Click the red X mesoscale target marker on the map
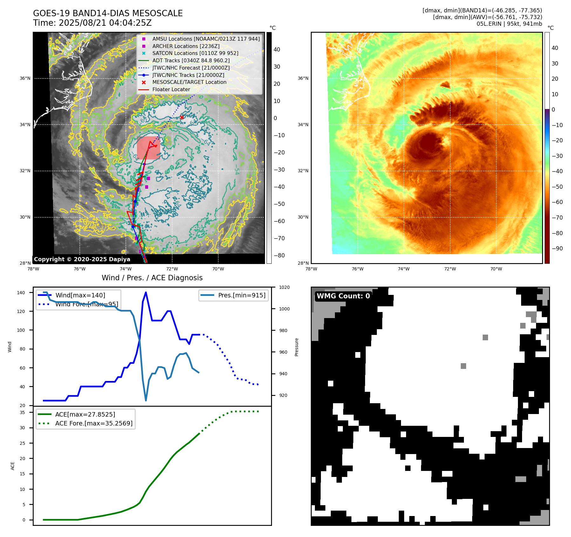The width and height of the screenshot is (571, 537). click(182, 117)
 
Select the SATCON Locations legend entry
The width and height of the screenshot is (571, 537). click(195, 53)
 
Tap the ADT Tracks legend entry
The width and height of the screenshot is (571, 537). click(191, 60)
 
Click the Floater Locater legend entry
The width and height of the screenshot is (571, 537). click(171, 89)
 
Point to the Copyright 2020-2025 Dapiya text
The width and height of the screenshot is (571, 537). click(82, 259)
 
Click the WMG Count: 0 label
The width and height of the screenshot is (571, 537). click(343, 296)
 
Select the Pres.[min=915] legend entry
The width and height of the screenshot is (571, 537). click(241, 295)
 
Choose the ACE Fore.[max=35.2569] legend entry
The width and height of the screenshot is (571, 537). click(94, 423)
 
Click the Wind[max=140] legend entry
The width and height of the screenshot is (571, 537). click(80, 295)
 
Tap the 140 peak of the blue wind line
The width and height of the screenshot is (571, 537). click(146, 292)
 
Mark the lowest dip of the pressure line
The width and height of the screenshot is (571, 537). click(146, 400)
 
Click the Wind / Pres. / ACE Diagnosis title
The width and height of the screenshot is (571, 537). click(152, 278)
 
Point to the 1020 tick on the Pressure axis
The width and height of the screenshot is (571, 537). click(284, 287)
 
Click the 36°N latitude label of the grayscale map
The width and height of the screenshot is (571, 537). click(25, 78)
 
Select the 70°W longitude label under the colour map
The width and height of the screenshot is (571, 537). click(496, 269)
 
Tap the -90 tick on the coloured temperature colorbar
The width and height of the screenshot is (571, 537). click(557, 248)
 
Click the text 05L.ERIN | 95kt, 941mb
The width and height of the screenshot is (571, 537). click(509, 24)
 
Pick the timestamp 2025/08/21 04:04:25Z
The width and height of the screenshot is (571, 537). click(105, 23)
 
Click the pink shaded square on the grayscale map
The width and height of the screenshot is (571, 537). click(148, 148)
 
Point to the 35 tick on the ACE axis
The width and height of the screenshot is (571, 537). click(23, 412)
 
